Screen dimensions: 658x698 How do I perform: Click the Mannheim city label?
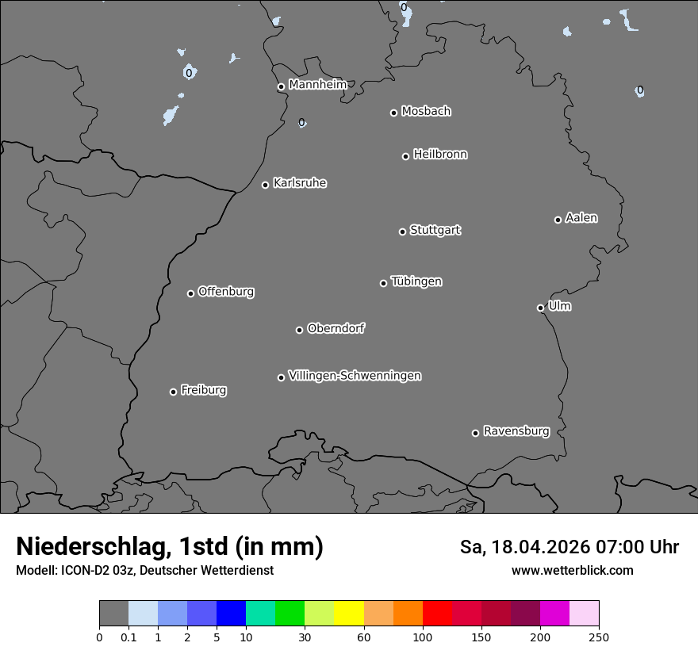pyautogui.click(x=317, y=84)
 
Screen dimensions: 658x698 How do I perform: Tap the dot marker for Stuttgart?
pyautogui.click(x=402, y=231)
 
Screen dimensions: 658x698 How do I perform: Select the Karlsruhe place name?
pyautogui.click(x=300, y=183)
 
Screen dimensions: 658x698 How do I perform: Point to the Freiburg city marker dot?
pyautogui.click(x=173, y=392)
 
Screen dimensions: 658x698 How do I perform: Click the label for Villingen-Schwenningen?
pyautogui.click(x=355, y=376)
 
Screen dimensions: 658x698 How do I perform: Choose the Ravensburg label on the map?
pyautogui.click(x=516, y=431)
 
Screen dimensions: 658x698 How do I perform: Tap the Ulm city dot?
pyautogui.click(x=540, y=308)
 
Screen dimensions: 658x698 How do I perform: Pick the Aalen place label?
pyautogui.click(x=581, y=218)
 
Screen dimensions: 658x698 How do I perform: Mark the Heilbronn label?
pyautogui.click(x=440, y=155)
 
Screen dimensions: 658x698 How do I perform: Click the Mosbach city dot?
pyautogui.click(x=393, y=113)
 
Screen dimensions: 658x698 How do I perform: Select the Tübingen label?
pyautogui.click(x=416, y=281)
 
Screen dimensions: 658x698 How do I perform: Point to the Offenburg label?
pyautogui.click(x=226, y=292)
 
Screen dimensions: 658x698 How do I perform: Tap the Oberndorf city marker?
pyautogui.click(x=299, y=330)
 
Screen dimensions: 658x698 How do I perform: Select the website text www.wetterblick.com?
pyautogui.click(x=572, y=570)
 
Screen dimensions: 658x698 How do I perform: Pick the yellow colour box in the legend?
pyautogui.click(x=348, y=614)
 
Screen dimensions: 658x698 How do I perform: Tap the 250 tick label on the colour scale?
pyautogui.click(x=599, y=637)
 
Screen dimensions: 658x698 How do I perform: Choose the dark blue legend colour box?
pyautogui.click(x=231, y=614)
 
